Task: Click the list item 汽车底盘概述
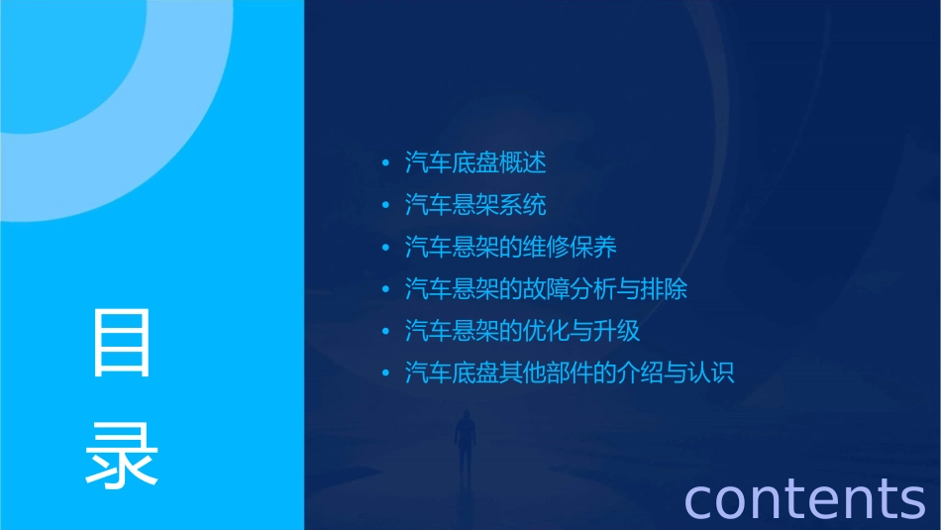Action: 475,162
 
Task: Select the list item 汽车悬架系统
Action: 475,205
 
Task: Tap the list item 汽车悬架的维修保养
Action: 511,247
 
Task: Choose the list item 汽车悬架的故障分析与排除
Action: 546,289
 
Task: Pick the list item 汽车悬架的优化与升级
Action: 523,331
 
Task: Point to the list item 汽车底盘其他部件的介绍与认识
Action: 570,373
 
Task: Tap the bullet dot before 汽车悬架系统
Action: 386,206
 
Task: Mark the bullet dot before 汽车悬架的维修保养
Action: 386,248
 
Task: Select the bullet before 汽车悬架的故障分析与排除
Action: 386,290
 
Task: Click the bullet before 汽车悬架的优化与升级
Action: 386,332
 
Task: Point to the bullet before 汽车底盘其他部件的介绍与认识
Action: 386,374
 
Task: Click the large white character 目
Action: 122,343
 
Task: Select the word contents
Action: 805,497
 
